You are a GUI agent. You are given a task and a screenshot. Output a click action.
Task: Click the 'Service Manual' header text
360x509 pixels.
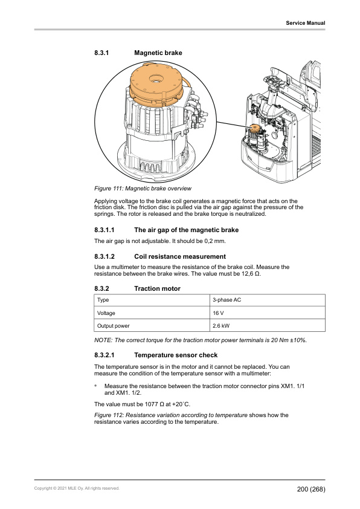click(x=305, y=23)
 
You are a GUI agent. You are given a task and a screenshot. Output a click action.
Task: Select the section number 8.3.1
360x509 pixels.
click(x=101, y=53)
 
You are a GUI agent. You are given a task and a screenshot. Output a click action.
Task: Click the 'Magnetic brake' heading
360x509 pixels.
click(x=158, y=53)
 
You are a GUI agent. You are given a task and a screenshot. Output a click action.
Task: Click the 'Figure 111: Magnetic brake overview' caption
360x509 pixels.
click(x=143, y=188)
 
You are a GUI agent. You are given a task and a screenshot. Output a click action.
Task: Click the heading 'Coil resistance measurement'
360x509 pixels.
click(x=180, y=256)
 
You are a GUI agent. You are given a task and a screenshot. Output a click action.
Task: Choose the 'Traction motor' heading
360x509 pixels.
click(x=157, y=288)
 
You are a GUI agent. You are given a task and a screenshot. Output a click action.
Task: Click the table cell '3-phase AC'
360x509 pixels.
click(x=227, y=300)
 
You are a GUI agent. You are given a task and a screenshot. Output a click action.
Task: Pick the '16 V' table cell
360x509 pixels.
click(x=218, y=313)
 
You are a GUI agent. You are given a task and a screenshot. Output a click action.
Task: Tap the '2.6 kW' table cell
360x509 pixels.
click(x=221, y=326)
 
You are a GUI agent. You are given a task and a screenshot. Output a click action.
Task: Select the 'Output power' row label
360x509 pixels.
click(x=113, y=326)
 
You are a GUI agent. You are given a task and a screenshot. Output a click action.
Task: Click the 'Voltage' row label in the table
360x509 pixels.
click(x=106, y=313)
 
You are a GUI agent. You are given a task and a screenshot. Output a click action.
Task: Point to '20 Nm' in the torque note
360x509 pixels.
click(x=279, y=340)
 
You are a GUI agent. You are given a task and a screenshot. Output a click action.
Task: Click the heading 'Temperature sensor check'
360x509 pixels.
click(x=176, y=355)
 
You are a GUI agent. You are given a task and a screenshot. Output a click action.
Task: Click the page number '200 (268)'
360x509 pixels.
click(x=311, y=489)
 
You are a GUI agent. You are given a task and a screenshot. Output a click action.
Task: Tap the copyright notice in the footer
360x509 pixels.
click(x=77, y=488)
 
